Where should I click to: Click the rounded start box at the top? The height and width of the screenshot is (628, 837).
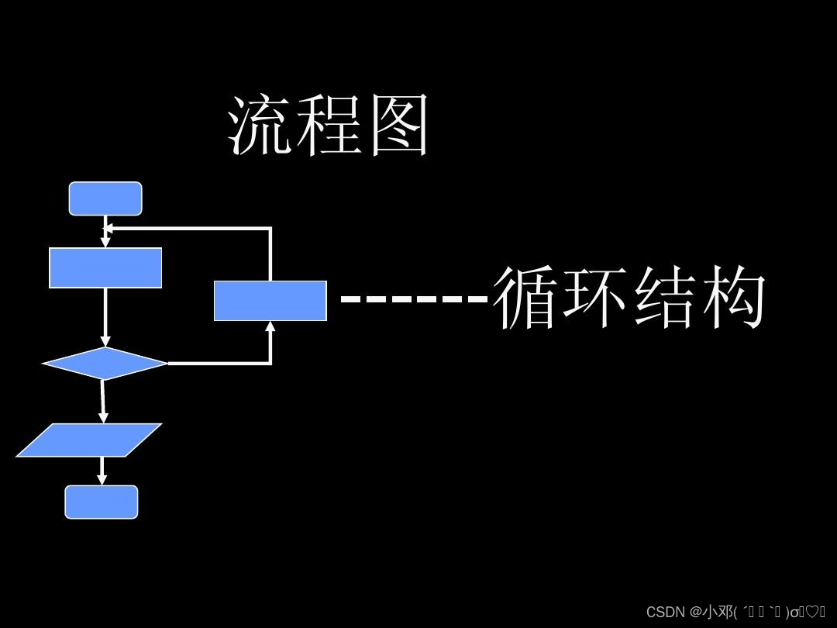(x=105, y=198)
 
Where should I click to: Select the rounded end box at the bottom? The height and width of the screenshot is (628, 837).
(x=102, y=502)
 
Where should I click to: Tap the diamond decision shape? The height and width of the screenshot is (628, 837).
(x=105, y=363)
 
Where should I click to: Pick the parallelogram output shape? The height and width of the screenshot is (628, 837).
(x=89, y=440)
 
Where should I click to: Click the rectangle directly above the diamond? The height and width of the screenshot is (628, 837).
(x=105, y=267)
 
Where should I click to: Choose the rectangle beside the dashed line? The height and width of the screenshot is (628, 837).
(x=270, y=301)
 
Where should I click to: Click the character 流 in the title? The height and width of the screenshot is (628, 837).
(x=260, y=126)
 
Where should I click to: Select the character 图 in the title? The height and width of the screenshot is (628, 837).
(x=398, y=126)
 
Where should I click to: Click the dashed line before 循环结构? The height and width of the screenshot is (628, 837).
(x=415, y=298)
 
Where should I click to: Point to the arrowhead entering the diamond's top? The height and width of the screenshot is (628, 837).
(x=105, y=342)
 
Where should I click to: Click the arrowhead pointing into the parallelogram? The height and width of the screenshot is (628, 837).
(x=102, y=418)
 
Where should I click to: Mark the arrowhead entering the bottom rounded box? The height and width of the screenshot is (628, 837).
(x=102, y=480)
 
